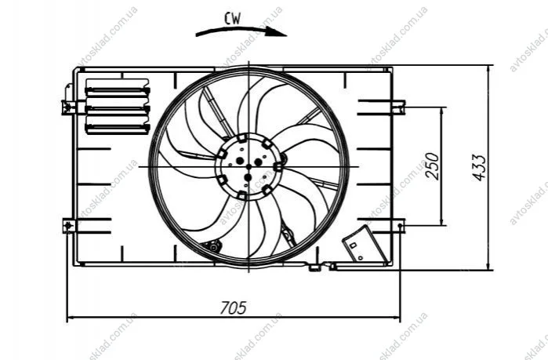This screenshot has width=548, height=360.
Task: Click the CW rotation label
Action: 233,18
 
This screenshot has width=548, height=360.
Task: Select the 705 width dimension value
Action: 233,308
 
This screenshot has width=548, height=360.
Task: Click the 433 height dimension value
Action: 479,167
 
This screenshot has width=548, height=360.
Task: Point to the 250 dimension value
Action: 432,166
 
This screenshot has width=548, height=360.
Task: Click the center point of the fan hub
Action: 249,167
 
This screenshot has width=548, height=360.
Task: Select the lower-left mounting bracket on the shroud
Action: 69,226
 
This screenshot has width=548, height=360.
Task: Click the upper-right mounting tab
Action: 398,107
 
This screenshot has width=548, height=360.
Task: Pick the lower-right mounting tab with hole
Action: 398,226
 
